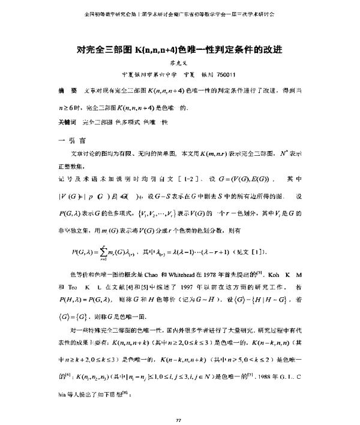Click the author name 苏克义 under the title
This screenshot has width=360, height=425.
click(x=180, y=61)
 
